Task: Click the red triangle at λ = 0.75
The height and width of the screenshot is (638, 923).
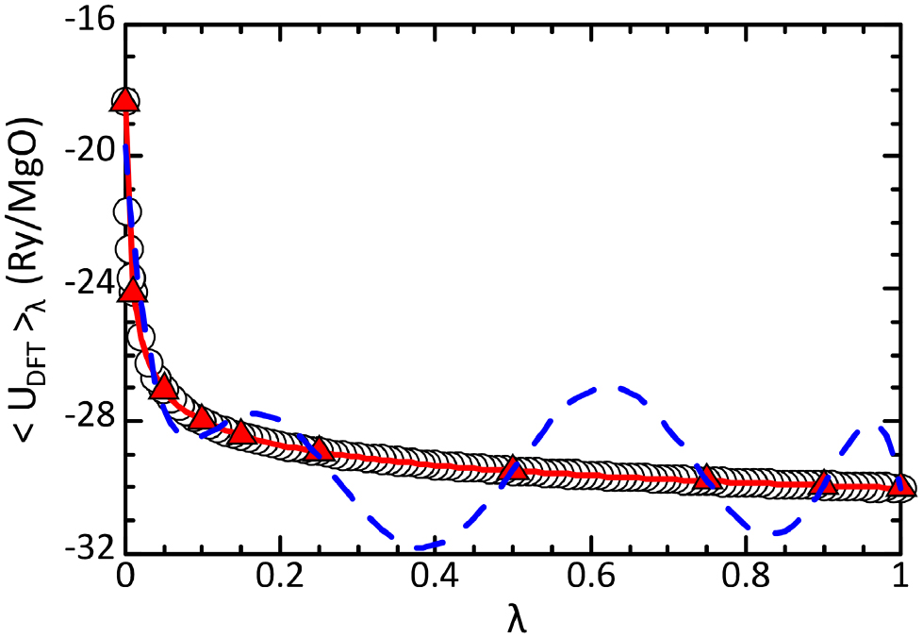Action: click(x=707, y=478)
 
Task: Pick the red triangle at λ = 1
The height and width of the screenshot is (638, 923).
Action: click(x=901, y=486)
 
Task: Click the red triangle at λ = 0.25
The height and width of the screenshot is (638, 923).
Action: click(x=319, y=447)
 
